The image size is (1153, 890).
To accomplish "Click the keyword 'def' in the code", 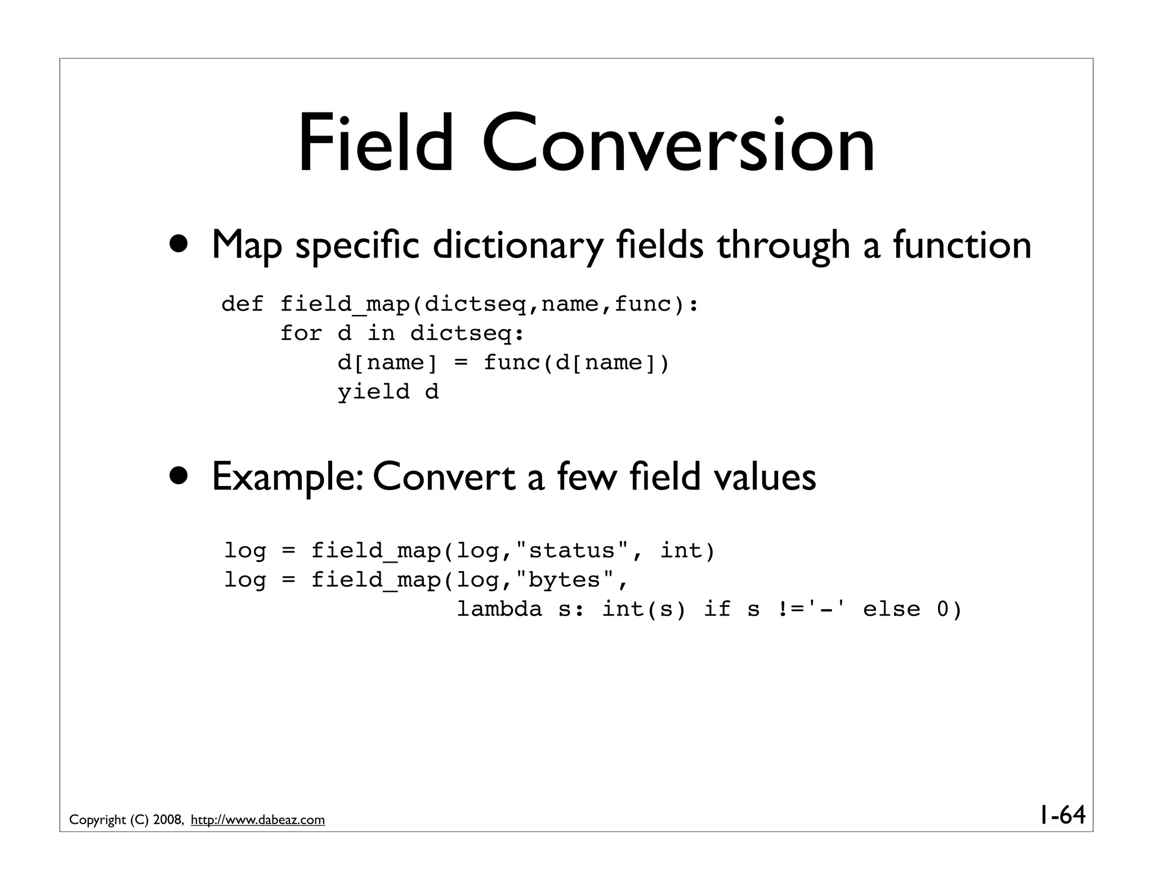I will pyautogui.click(x=242, y=304).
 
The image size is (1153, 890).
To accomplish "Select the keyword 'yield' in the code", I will pyautogui.click(x=373, y=392).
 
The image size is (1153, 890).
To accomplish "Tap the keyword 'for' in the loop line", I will pyautogui.click(x=301, y=333).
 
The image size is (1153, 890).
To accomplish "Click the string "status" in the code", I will pyautogui.click(x=572, y=550).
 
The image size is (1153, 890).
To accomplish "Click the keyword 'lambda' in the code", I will pyautogui.click(x=499, y=609).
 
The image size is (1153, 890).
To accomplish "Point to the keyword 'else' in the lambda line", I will pyautogui.click(x=891, y=609).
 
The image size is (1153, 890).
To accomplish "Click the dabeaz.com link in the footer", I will pyautogui.click(x=258, y=820).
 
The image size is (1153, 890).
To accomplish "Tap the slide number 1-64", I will pyautogui.click(x=1062, y=815).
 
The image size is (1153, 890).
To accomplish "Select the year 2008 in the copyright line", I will pyautogui.click(x=167, y=820).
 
